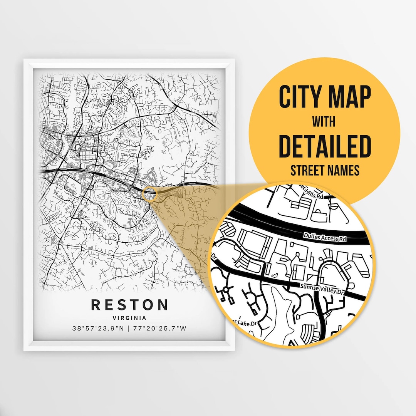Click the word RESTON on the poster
(x=129, y=304)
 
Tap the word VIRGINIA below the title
(x=129, y=318)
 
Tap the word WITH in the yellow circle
(x=324, y=121)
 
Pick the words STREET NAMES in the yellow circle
(x=324, y=170)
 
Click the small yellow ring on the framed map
(x=149, y=194)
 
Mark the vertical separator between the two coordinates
(x=129, y=329)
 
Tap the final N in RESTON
(x=163, y=304)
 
